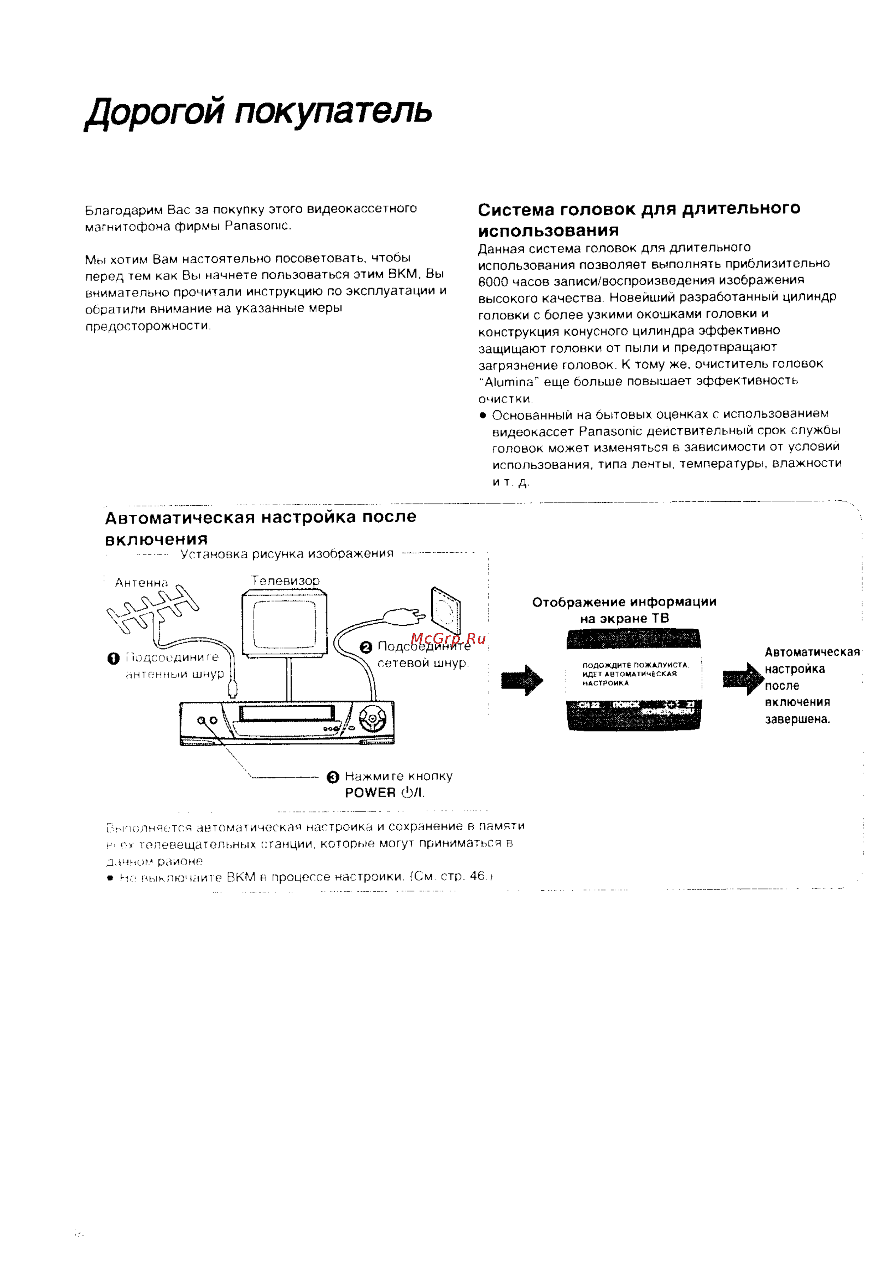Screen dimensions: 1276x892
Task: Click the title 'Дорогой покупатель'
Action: coord(258,112)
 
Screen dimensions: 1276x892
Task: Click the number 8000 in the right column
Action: coord(492,281)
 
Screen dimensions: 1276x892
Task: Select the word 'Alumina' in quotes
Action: coord(509,382)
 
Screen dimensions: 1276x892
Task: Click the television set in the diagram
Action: coord(284,624)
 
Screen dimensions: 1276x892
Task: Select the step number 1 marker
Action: coord(113,658)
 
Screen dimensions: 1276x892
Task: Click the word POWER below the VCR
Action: coord(370,793)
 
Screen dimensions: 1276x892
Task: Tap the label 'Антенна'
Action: coord(141,582)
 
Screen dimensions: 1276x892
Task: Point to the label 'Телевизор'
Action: coord(286,580)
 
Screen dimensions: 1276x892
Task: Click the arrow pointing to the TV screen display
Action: coord(521,680)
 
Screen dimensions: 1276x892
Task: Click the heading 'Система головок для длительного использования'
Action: coord(639,220)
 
